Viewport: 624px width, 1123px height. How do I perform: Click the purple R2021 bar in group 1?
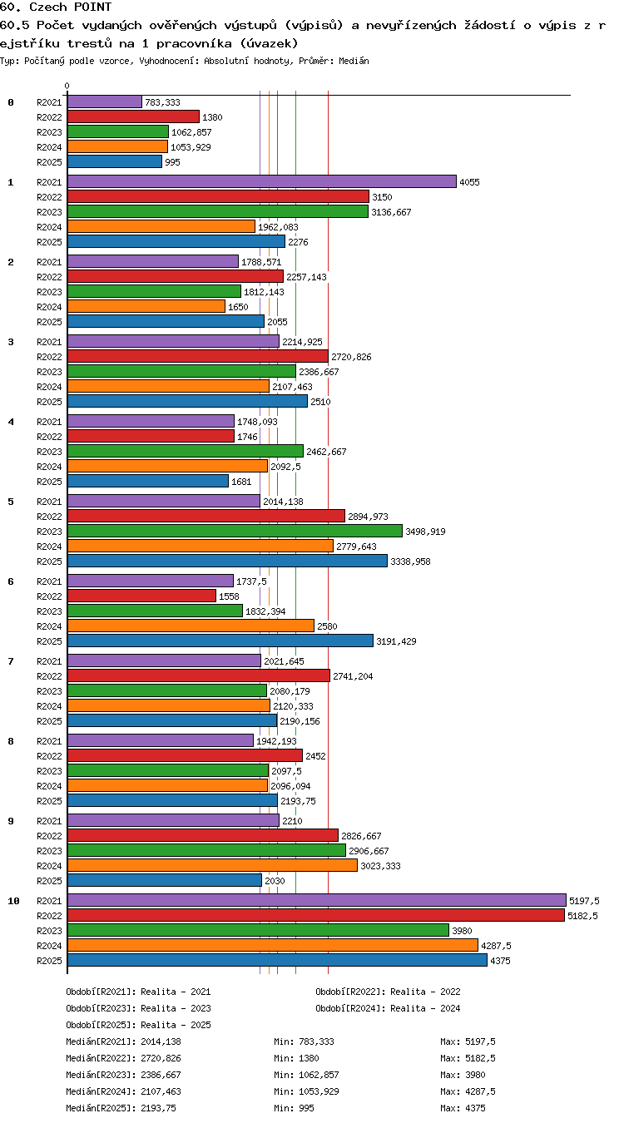[262, 181]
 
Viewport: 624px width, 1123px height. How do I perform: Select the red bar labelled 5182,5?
[316, 915]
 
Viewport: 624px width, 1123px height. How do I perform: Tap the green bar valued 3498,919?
[235, 531]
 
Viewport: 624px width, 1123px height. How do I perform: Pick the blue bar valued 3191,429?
[220, 641]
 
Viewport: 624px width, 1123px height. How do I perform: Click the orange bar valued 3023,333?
[213, 865]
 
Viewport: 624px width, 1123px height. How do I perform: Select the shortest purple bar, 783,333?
[105, 101]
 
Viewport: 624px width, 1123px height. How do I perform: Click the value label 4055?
[469, 182]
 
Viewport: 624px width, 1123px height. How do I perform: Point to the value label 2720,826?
[351, 357]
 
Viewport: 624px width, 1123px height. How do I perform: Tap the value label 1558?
[229, 596]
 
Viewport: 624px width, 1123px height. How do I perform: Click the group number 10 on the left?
[13, 901]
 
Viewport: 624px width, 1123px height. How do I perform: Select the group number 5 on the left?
[11, 502]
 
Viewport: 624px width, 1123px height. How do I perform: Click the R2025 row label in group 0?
[49, 162]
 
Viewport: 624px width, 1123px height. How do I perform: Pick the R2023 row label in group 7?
[49, 691]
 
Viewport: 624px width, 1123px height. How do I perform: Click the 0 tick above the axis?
[67, 87]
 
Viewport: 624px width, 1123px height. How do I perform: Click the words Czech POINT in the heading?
[70, 7]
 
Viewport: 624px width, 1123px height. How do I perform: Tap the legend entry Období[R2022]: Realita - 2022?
[388, 992]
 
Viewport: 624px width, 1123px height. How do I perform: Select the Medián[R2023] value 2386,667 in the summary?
[161, 1075]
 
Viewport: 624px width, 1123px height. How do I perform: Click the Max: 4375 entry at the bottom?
[463, 1108]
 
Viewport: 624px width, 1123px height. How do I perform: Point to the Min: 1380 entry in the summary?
[296, 1058]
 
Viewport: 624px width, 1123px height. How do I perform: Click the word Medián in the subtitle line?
[354, 62]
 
